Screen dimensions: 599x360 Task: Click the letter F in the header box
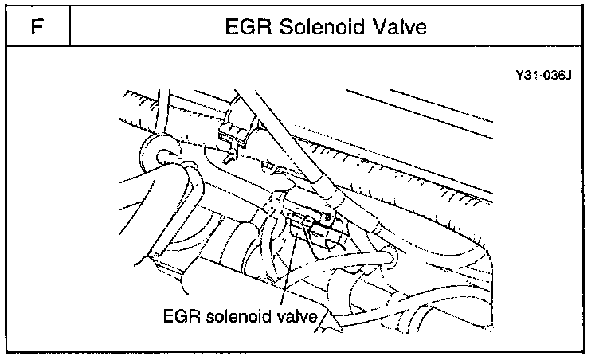(36, 27)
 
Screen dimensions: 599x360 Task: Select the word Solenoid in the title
(323, 27)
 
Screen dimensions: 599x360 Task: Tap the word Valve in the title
(401, 27)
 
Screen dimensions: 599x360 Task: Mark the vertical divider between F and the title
(70, 27)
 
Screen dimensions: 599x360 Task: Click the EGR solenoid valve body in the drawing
(307, 219)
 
